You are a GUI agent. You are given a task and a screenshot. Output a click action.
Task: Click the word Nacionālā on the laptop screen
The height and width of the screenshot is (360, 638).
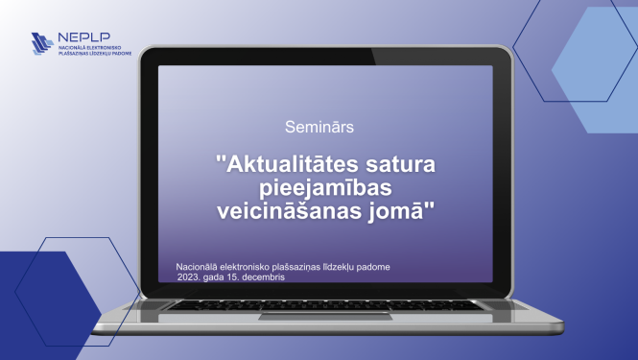(x=199, y=266)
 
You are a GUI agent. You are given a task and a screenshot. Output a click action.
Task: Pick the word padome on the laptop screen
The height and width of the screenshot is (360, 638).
(x=370, y=266)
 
